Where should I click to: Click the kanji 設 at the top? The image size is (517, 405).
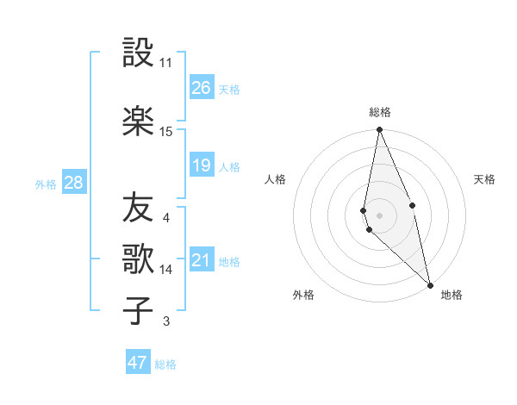(x=138, y=53)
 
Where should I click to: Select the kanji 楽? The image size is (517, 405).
(x=138, y=121)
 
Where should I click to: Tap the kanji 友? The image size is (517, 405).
(x=138, y=207)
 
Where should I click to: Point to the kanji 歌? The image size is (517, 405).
(x=138, y=259)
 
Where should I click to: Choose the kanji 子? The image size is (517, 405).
(x=138, y=310)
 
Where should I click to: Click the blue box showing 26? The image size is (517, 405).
(x=202, y=88)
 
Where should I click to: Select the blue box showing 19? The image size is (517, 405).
(x=202, y=165)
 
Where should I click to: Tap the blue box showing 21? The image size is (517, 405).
(x=202, y=260)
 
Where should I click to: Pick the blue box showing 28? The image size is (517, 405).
(x=72, y=183)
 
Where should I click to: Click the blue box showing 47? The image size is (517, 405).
(x=138, y=363)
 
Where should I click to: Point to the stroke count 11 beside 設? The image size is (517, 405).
(x=165, y=63)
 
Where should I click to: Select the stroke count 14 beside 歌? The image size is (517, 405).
(x=166, y=270)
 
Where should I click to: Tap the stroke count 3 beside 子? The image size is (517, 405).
(x=166, y=321)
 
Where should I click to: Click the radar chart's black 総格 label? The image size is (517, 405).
(x=380, y=112)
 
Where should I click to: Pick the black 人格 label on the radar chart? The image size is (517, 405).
(x=276, y=179)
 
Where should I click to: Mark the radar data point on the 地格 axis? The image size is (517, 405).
(x=430, y=284)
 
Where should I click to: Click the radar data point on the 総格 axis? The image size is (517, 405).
(x=379, y=130)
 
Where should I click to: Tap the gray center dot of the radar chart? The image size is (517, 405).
(x=379, y=215)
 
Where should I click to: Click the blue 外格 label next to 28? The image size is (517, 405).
(x=46, y=184)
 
